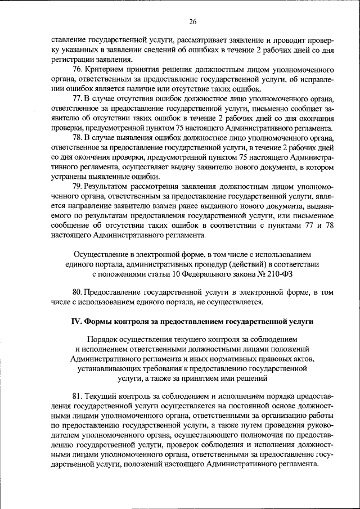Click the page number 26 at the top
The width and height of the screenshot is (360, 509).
coord(192,21)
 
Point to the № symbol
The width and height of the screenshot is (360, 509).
coord(260,274)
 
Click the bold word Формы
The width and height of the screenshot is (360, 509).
coord(100,321)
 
